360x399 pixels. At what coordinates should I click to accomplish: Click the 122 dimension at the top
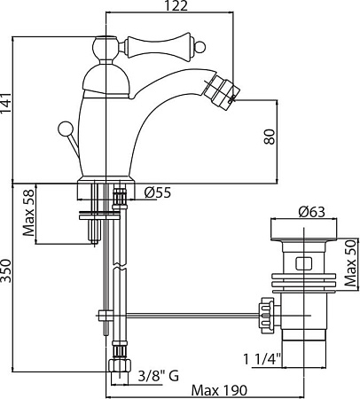(x=176, y=5)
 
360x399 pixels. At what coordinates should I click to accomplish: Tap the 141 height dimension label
(x=5, y=103)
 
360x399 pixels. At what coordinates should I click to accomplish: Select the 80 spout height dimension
(x=270, y=137)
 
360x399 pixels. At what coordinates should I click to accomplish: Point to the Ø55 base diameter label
(x=158, y=192)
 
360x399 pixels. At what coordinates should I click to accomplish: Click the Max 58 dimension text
(x=29, y=213)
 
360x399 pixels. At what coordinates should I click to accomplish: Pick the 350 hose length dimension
(x=5, y=271)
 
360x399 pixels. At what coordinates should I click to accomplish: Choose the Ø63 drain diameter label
(x=311, y=212)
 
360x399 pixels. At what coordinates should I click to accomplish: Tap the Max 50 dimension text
(x=351, y=263)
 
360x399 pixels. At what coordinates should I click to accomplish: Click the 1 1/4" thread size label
(x=262, y=359)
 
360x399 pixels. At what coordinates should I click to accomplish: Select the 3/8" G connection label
(x=159, y=376)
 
